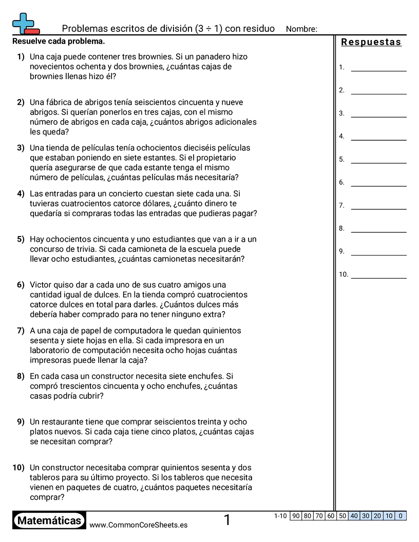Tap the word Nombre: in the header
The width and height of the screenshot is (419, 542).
(301, 29)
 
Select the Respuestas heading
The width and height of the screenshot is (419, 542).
(371, 42)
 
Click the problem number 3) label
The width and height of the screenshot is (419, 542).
(21, 148)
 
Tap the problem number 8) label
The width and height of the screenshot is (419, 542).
(21, 376)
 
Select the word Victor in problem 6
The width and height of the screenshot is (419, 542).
(41, 285)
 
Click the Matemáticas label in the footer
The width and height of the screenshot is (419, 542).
(49, 520)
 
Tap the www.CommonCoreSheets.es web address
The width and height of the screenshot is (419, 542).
(138, 525)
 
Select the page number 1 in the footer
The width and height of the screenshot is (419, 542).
(227, 520)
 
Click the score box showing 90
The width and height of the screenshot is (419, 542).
(295, 516)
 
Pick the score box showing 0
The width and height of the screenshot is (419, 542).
(401, 516)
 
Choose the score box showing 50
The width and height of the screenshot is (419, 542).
(342, 516)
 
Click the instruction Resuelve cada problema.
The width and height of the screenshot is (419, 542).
(59, 41)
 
